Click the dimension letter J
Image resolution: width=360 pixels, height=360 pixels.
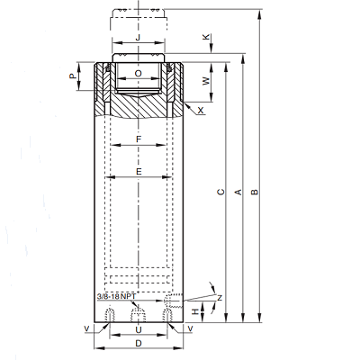point(138,38)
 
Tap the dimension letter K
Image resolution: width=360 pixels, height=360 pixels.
point(206,37)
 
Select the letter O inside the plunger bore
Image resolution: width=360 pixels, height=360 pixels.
point(138,74)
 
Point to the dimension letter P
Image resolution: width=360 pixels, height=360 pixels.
point(73,76)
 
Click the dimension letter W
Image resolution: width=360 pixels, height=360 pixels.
point(206,81)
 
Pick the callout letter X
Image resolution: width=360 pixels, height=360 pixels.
point(201,111)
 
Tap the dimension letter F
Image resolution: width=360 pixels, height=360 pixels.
point(139,139)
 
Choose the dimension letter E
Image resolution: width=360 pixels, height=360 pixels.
point(139,172)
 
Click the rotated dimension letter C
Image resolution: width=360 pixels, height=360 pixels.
point(220,192)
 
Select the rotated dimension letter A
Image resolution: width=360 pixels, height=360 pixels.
point(238,192)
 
